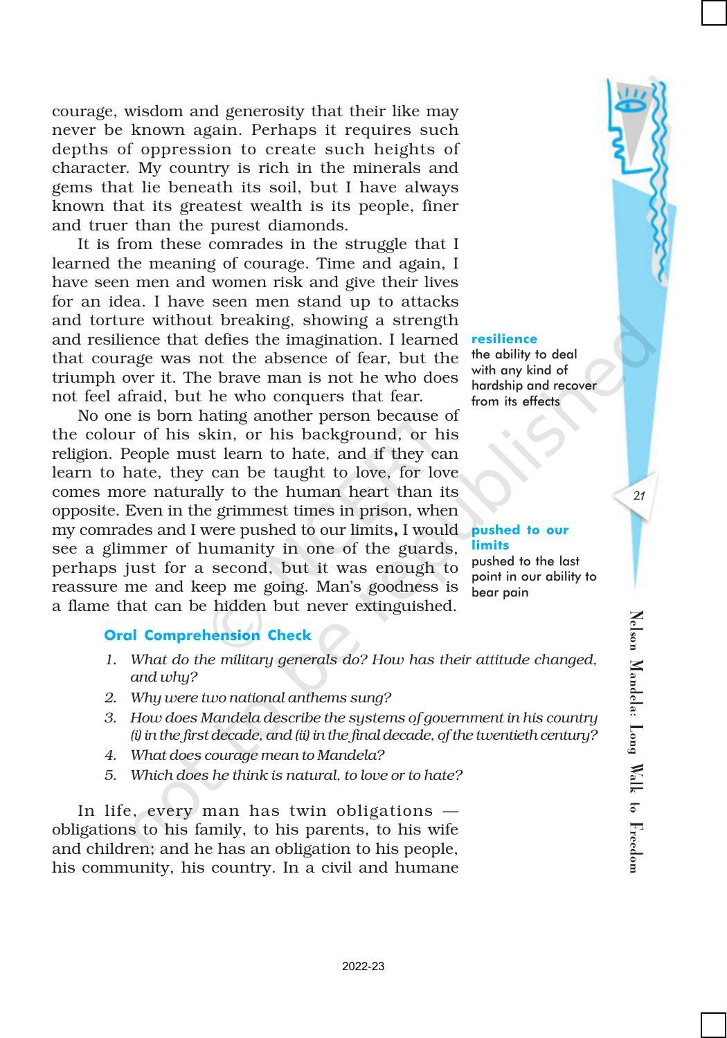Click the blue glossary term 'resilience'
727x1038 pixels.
504,339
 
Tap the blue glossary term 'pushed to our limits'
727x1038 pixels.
519,537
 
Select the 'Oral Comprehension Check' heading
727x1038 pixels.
208,635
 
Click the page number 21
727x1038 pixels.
638,495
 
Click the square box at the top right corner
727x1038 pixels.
713,13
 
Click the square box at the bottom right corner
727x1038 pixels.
713,1025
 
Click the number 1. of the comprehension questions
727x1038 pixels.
111,660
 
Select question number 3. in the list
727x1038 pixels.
111,718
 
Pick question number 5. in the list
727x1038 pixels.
111,775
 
